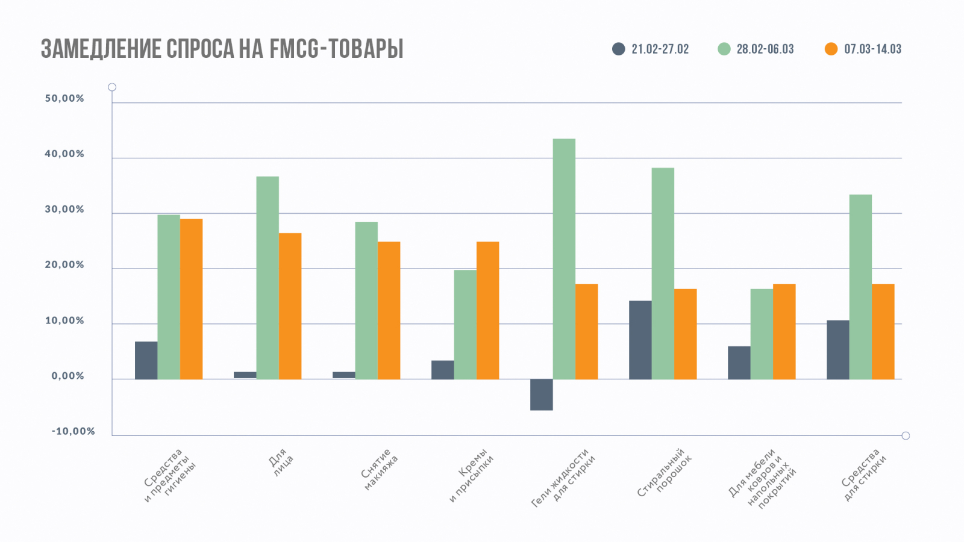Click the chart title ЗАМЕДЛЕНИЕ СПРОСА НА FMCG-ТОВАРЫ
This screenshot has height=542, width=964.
pyautogui.click(x=222, y=49)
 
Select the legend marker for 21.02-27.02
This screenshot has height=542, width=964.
pyautogui.click(x=619, y=49)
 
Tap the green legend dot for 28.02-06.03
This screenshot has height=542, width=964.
pyautogui.click(x=724, y=49)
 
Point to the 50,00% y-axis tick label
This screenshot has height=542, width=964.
pyautogui.click(x=64, y=99)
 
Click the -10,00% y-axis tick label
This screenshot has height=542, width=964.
pyautogui.click(x=73, y=431)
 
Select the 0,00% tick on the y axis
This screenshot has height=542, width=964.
pyautogui.click(x=67, y=376)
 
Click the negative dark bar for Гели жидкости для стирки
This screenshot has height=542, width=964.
pyautogui.click(x=541, y=394)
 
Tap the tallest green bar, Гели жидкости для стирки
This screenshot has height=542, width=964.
pyautogui.click(x=564, y=259)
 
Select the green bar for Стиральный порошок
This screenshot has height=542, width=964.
pyautogui.click(x=663, y=273)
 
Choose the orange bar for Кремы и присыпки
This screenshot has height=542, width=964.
pyautogui.click(x=487, y=310)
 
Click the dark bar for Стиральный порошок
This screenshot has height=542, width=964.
pyautogui.click(x=640, y=340)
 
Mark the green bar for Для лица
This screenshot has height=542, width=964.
pyautogui.click(x=268, y=278)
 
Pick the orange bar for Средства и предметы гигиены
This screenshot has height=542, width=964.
pyautogui.click(x=191, y=299)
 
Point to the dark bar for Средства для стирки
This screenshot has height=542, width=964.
pyautogui.click(x=837, y=349)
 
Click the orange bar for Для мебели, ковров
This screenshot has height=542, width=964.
pyautogui.click(x=784, y=331)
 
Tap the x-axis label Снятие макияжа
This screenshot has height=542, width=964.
pyautogui.click(x=380, y=469)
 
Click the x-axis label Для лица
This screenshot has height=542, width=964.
pyautogui.click(x=281, y=463)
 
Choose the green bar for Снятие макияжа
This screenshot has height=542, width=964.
pyautogui.click(x=366, y=301)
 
